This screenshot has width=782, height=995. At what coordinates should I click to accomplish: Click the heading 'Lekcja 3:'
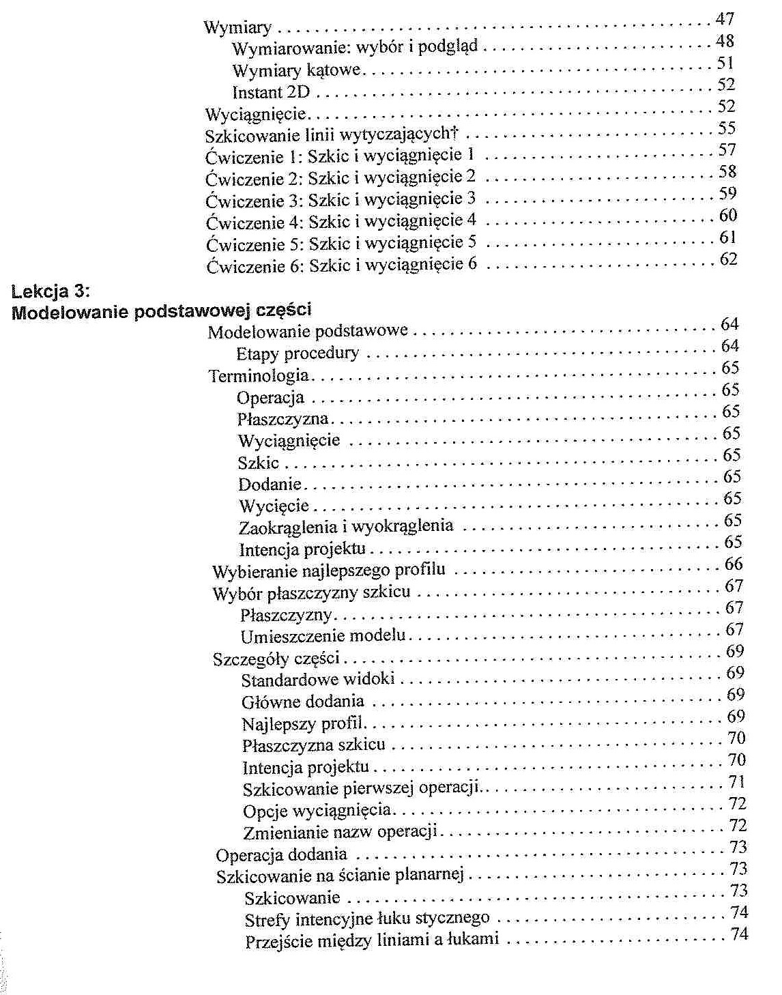(x=51, y=291)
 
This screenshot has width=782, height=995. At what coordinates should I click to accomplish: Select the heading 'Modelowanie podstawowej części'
(x=162, y=311)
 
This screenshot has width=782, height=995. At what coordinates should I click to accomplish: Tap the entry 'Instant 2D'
(x=271, y=91)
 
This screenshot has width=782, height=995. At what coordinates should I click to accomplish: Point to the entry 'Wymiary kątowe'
(x=296, y=70)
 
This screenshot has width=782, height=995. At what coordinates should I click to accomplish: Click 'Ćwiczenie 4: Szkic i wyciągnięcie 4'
(x=341, y=222)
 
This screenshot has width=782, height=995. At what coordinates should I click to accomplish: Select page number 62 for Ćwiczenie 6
(x=729, y=259)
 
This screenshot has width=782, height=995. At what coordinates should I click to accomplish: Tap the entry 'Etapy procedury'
(x=298, y=354)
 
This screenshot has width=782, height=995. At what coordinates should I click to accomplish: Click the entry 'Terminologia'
(x=259, y=375)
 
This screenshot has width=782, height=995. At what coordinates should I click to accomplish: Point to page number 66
(x=734, y=564)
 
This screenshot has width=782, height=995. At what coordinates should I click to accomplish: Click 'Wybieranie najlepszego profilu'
(x=328, y=571)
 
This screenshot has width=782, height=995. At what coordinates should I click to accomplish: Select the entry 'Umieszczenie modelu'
(x=323, y=636)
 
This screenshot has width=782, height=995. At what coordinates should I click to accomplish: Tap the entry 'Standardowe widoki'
(x=318, y=680)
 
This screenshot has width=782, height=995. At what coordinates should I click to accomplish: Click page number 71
(x=736, y=782)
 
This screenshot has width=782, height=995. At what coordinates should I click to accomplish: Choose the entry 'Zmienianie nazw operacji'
(x=340, y=833)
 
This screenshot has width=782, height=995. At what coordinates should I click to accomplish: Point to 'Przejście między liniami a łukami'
(x=372, y=941)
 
